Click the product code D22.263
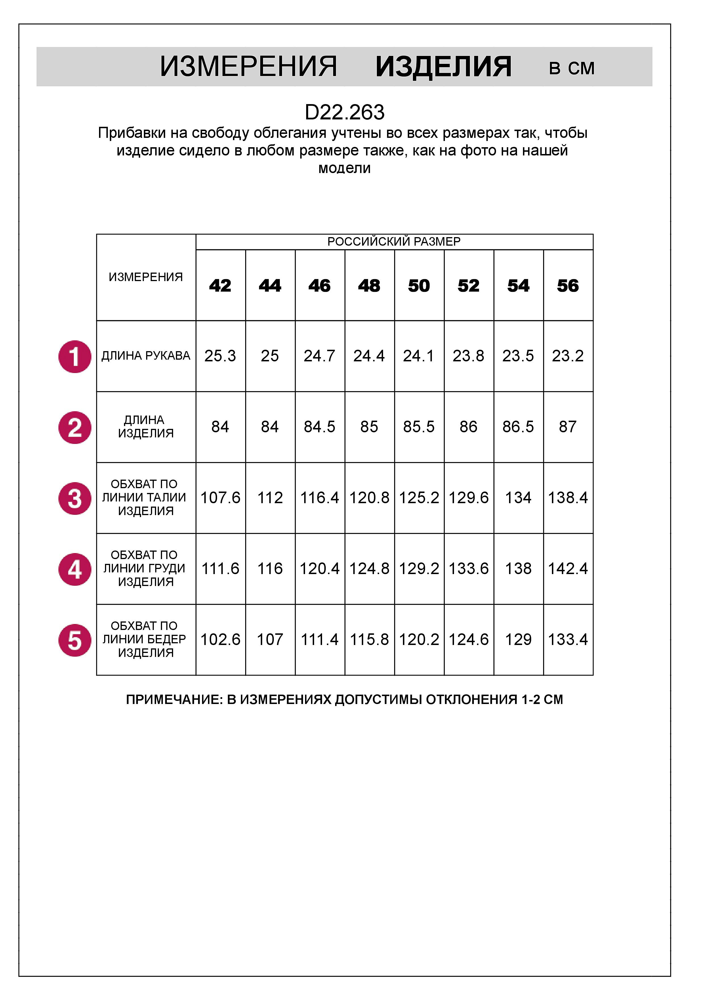tap(345, 113)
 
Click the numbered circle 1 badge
tap(75, 356)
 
